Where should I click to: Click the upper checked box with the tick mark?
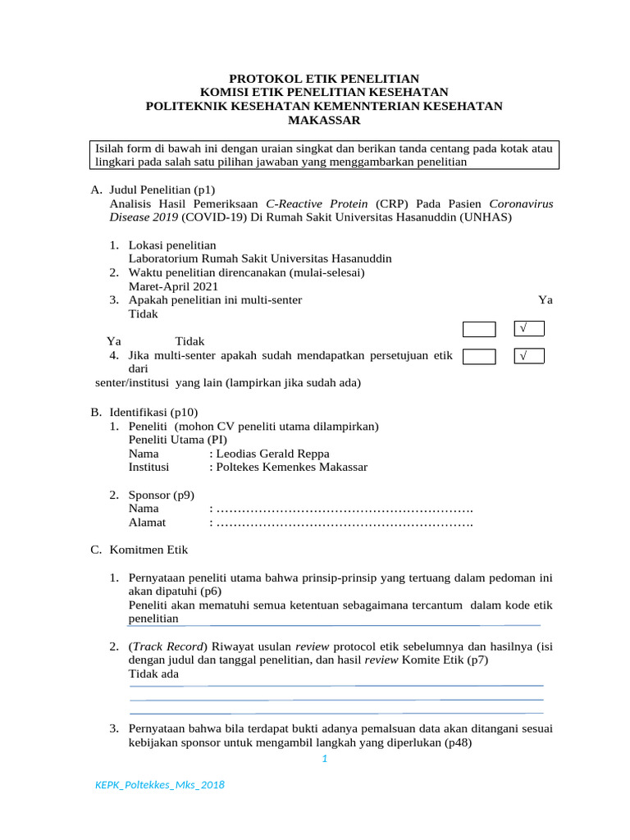(529, 329)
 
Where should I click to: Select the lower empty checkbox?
(479, 356)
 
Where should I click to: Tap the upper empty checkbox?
(479, 330)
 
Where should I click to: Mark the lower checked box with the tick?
(529, 356)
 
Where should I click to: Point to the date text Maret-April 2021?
(173, 286)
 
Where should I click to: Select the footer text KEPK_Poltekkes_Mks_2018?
(160, 785)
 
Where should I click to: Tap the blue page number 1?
(324, 759)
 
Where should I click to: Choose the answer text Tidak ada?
(153, 673)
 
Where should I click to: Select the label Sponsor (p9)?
(162, 495)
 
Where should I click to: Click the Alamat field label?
(147, 522)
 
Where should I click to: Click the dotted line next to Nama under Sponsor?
(345, 509)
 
